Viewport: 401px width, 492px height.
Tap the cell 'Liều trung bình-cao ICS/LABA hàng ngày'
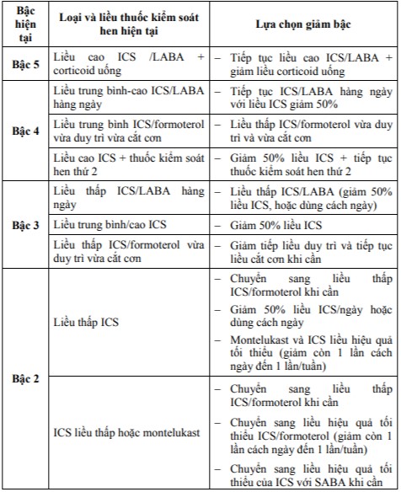tap(127, 98)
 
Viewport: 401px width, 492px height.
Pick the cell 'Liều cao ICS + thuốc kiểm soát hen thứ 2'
tap(127, 164)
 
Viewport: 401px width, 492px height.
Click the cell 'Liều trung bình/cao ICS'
tap(102, 226)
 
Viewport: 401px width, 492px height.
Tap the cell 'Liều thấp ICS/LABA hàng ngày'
tap(127, 198)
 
